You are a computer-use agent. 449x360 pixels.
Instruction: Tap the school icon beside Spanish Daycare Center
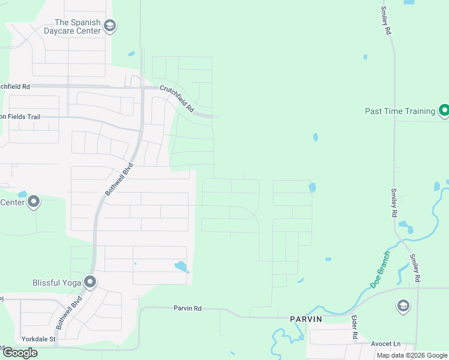pyautogui.click(x=109, y=26)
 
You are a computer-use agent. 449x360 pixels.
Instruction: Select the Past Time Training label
pyautogui.click(x=400, y=111)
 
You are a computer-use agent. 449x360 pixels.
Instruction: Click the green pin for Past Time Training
pyautogui.click(x=444, y=110)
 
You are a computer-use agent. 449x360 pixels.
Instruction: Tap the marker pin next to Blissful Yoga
pyautogui.click(x=90, y=281)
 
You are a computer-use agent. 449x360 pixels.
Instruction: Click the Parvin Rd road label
pyautogui.click(x=187, y=308)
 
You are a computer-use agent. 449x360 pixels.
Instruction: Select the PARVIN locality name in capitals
pyautogui.click(x=306, y=319)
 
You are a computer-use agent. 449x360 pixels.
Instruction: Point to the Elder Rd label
pyautogui.click(x=354, y=328)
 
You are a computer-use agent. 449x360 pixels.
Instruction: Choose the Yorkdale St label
pyautogui.click(x=38, y=338)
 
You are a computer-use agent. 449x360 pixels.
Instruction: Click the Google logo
pyautogui.click(x=20, y=353)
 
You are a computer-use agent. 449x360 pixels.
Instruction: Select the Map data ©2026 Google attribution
pyautogui.click(x=411, y=355)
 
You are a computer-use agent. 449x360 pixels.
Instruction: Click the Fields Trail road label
pyautogui.click(x=20, y=116)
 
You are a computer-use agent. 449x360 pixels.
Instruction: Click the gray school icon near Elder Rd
pyautogui.click(x=403, y=307)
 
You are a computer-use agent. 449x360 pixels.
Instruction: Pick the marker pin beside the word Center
pyautogui.click(x=34, y=202)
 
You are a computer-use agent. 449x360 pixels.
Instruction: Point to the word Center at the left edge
pyautogui.click(x=12, y=202)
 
